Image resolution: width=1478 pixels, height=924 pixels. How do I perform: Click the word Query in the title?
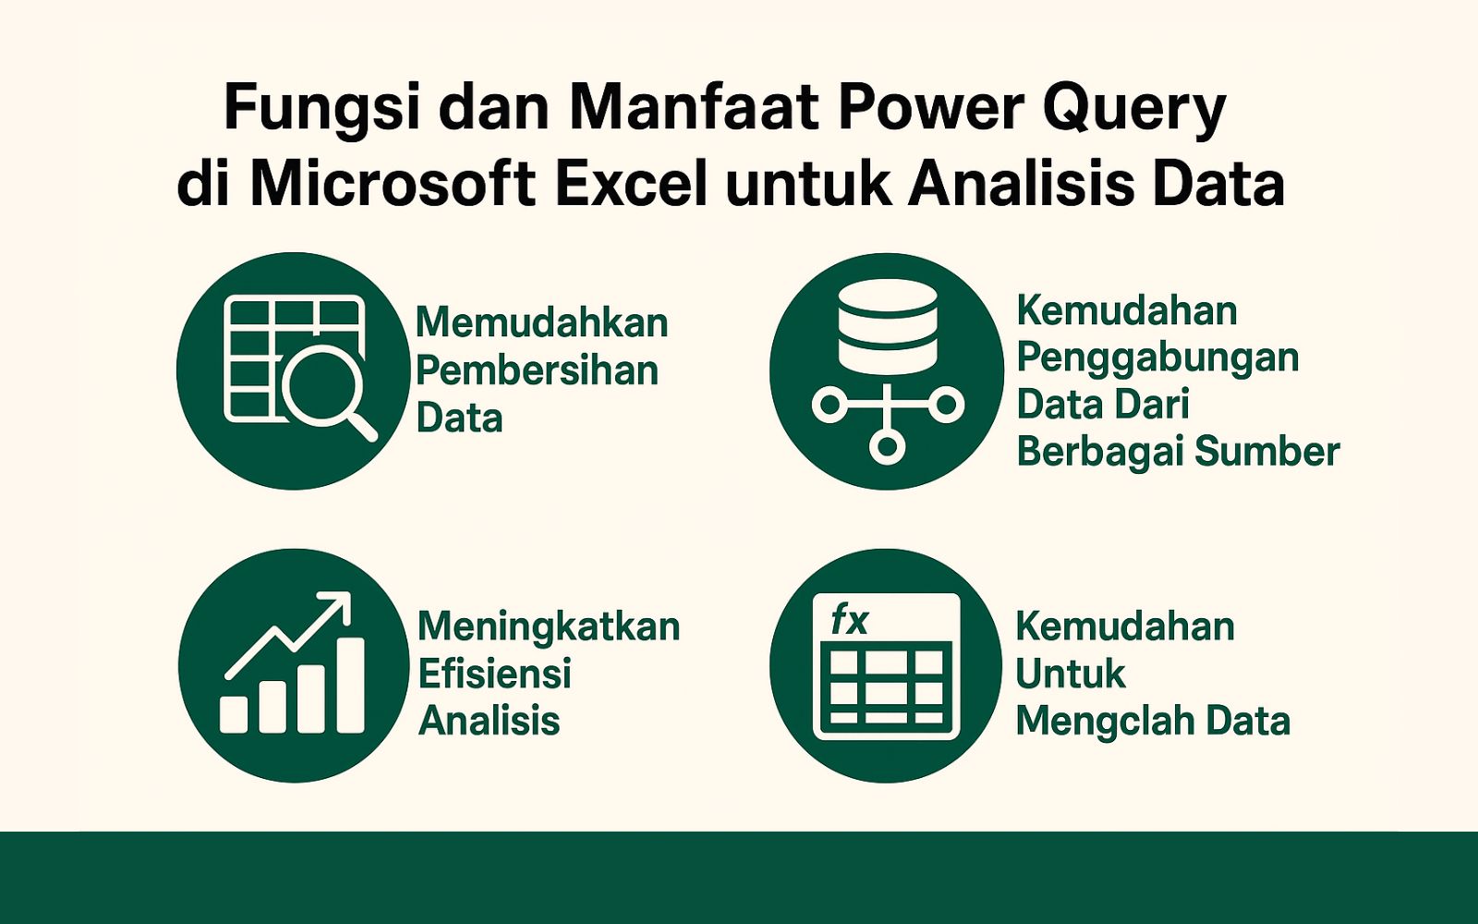1134,109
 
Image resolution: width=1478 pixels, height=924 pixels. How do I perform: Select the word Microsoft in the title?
393,184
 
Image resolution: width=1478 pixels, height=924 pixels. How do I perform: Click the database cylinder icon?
887,326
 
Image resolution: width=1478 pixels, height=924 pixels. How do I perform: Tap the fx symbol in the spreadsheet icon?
849,619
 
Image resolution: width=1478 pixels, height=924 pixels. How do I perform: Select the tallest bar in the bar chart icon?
350,685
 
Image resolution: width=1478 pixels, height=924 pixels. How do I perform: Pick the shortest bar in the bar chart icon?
234,714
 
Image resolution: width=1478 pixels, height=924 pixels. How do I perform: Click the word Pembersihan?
537,371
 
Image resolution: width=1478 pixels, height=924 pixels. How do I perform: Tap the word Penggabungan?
1157,358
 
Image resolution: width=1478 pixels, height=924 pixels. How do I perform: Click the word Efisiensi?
494,674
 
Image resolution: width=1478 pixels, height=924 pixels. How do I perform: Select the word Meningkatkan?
549,626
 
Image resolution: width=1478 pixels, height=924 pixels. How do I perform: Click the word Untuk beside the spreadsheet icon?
1070,674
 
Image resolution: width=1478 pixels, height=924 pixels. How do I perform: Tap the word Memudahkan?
541,322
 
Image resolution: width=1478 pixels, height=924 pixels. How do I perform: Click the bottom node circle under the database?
887,448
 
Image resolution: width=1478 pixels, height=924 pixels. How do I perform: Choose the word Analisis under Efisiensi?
489,721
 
